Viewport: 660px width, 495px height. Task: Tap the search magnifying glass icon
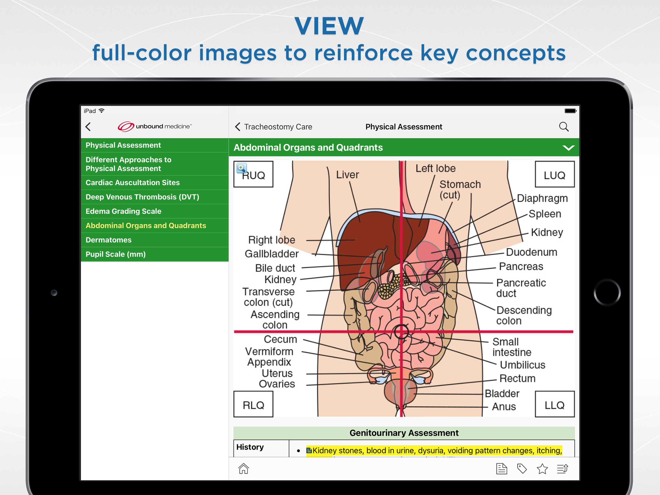564,127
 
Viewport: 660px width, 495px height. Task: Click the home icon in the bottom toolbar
244,468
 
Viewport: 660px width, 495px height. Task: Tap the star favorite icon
542,469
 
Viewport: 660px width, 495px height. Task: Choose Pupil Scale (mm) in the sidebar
115,254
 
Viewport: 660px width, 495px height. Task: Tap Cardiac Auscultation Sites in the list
132,182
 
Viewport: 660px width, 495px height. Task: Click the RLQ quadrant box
253,404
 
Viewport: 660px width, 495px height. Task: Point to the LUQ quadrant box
555,174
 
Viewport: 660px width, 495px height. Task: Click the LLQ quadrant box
555,404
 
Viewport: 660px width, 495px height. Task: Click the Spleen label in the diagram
545,214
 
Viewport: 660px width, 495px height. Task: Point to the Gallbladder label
272,254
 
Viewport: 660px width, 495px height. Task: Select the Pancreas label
521,266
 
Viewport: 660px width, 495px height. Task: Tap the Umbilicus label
523,364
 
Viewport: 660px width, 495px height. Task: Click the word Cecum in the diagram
280,339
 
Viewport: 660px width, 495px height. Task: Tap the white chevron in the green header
568,147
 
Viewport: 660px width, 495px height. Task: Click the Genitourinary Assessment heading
404,433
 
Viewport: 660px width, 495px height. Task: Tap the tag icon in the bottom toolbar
522,469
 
